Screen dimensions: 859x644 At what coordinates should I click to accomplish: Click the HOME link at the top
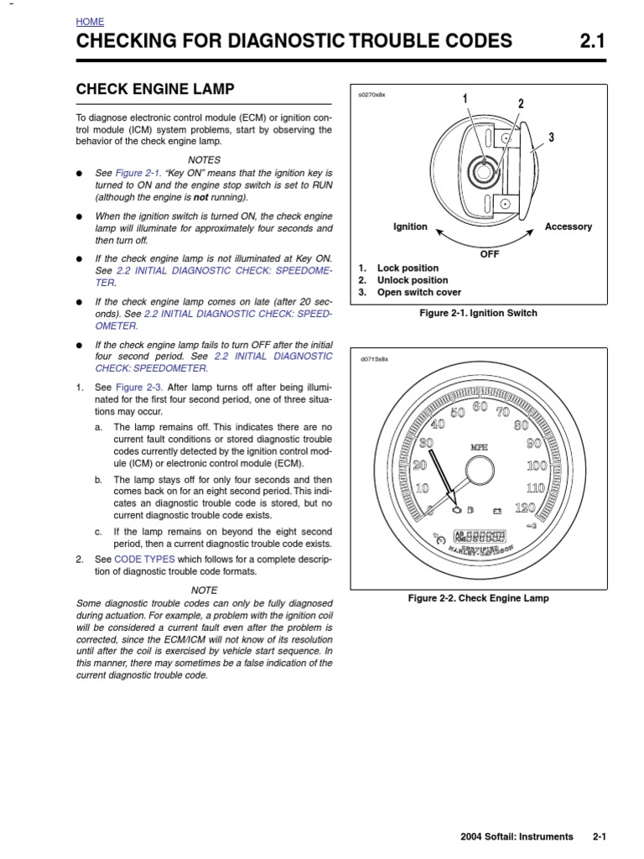(x=90, y=22)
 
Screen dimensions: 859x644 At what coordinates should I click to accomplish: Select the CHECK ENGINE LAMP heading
(x=155, y=89)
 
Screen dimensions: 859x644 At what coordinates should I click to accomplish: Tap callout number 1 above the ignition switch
(x=465, y=100)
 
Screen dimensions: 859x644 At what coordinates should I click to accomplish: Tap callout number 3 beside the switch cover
(x=551, y=137)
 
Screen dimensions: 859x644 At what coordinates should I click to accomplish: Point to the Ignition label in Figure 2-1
(x=410, y=226)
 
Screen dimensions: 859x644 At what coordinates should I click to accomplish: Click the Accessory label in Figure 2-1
(x=568, y=226)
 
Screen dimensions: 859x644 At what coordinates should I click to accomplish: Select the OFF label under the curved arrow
(x=489, y=253)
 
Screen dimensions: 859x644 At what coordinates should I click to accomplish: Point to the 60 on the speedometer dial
(x=480, y=407)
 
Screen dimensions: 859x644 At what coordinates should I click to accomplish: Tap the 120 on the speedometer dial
(x=524, y=508)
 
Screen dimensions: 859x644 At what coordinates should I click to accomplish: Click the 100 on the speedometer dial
(x=536, y=465)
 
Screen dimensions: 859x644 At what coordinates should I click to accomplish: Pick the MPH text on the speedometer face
(x=479, y=446)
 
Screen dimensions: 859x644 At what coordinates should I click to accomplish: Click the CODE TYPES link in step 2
(x=143, y=559)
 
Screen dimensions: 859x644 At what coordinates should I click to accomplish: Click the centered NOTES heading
(x=204, y=159)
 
